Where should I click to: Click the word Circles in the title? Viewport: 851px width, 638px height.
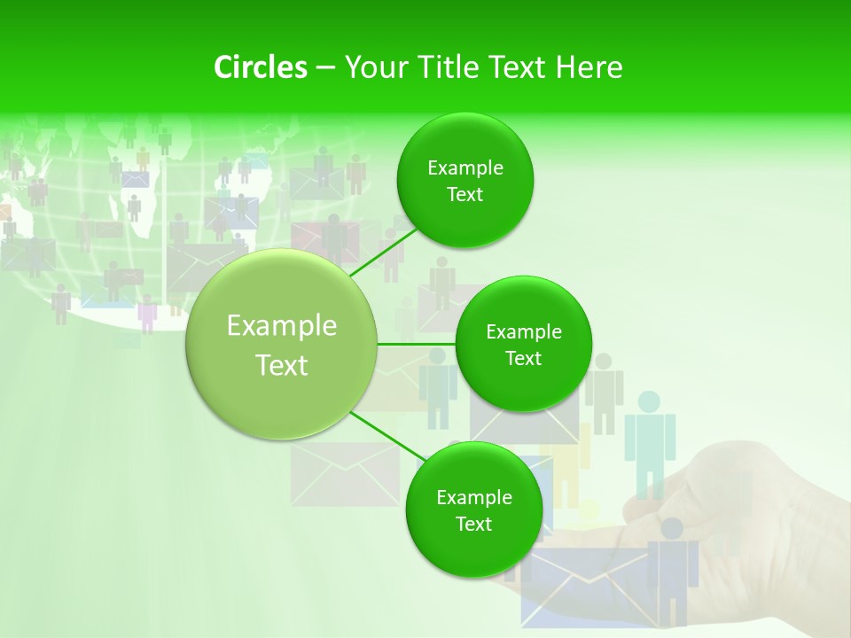click(x=260, y=67)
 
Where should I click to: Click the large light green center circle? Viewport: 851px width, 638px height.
click(x=281, y=344)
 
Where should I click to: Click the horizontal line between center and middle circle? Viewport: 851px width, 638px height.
click(x=416, y=344)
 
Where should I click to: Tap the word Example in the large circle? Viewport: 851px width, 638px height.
click(x=282, y=326)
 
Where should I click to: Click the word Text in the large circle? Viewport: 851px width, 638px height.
click(x=282, y=365)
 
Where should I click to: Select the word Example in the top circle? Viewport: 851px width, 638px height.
click(x=465, y=168)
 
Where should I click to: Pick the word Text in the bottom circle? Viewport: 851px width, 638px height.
click(x=473, y=524)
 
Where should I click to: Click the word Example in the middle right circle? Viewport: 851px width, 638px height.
click(x=524, y=332)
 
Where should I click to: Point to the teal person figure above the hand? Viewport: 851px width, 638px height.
click(x=650, y=439)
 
